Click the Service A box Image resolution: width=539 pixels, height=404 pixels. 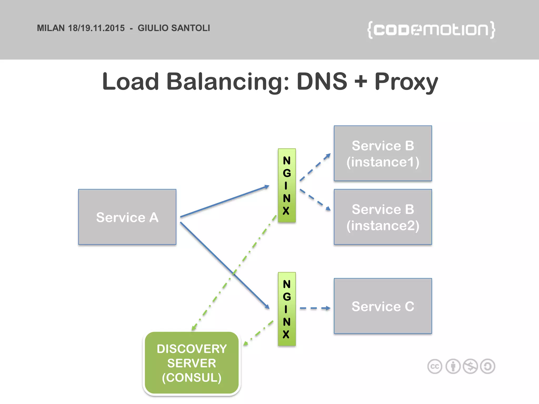click(127, 217)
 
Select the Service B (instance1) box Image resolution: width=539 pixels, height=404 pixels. click(383, 153)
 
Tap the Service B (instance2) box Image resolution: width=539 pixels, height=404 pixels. click(383, 217)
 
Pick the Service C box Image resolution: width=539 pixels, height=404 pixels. click(383, 306)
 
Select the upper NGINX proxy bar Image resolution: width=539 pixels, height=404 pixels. click(287, 185)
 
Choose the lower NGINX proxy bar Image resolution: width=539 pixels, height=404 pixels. click(287, 309)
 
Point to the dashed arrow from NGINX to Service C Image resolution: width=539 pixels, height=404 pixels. click(315, 308)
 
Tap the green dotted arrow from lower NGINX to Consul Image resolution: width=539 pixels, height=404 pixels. click(258, 333)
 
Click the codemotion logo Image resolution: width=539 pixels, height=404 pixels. click(431, 30)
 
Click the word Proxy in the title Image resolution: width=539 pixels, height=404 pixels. click(406, 82)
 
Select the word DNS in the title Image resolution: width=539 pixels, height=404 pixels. click(322, 81)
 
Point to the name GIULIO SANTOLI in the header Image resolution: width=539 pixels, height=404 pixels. click(174, 28)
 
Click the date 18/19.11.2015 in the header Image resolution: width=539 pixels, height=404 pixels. click(96, 28)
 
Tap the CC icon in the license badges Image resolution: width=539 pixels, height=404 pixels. click(435, 366)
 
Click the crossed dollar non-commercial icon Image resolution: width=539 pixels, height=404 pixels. click(470, 366)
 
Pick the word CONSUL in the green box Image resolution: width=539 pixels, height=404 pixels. click(192, 378)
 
